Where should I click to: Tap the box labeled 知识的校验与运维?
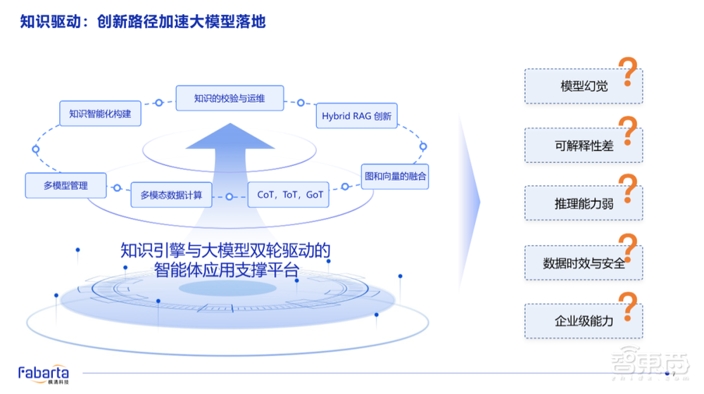[230, 98]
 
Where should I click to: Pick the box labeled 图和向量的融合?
[394, 176]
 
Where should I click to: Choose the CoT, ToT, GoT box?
[290, 194]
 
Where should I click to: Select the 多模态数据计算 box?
[171, 194]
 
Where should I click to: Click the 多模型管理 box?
[65, 185]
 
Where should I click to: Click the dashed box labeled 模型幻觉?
[583, 87]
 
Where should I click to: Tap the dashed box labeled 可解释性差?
[583, 146]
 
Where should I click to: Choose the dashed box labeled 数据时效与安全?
[583, 263]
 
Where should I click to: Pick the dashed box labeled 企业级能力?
[583, 321]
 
